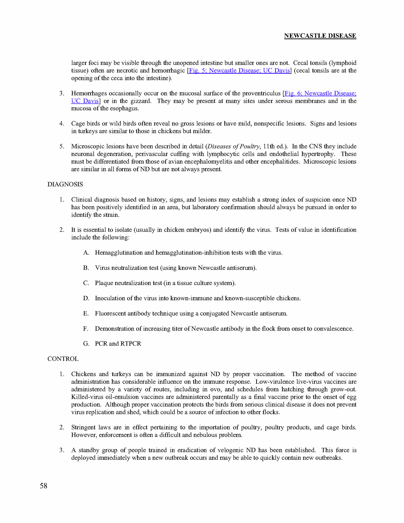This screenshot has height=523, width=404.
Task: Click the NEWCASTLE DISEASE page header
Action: (320, 36)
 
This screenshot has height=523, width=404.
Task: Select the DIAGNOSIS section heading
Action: (65, 184)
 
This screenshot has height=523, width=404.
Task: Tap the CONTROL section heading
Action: (63, 359)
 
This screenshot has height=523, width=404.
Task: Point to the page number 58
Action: (43, 486)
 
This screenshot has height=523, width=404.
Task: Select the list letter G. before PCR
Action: (86, 344)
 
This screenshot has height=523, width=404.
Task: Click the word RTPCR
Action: (131, 344)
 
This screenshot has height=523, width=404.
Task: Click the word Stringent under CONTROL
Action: (83, 427)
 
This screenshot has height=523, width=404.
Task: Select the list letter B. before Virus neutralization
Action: (86, 268)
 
